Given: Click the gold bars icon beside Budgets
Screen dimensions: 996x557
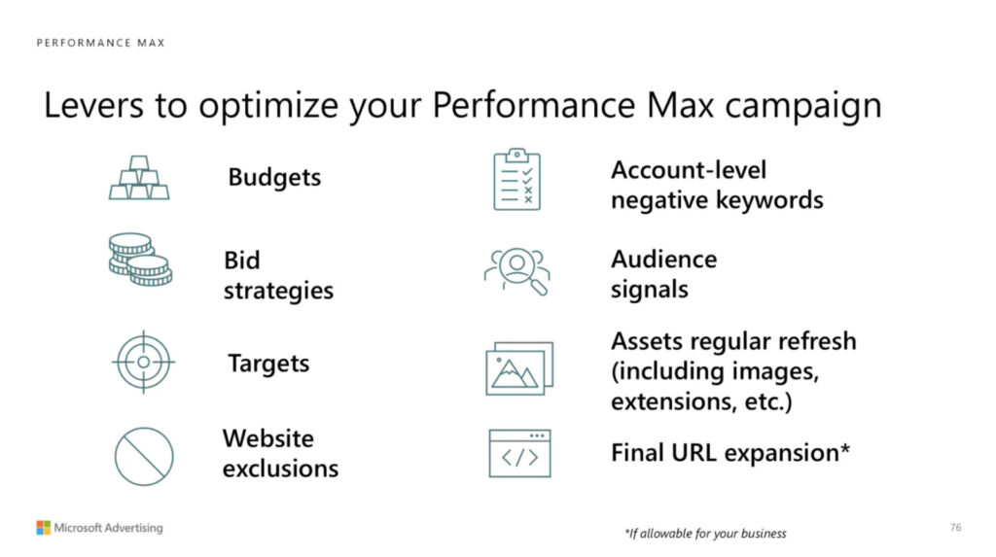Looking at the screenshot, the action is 139,178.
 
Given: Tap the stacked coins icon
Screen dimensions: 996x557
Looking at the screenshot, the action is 140,260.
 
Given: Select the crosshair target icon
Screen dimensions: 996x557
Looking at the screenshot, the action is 144,362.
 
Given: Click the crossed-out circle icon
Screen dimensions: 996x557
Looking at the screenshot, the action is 144,457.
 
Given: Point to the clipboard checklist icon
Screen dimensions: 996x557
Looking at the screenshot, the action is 517,180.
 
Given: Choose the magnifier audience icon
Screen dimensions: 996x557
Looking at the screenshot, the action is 516,271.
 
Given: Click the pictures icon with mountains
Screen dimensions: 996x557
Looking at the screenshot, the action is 519,368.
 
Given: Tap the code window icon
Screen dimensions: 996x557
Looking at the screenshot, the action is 519,454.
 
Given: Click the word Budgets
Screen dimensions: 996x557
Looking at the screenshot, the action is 274,177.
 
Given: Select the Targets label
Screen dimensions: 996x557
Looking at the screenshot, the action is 268,364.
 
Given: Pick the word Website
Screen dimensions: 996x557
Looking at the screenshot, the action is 268,438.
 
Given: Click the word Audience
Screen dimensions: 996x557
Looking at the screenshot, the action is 663,260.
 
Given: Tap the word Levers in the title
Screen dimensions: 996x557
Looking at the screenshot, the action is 94,105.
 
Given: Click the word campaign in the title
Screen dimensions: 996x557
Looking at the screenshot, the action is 802,105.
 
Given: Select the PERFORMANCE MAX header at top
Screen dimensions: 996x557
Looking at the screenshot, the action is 101,43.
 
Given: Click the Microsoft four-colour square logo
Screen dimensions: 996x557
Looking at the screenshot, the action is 43,528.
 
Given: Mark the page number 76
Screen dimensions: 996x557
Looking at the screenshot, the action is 956,527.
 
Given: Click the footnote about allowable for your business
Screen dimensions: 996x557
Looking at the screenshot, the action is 705,534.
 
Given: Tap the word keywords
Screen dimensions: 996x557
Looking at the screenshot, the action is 770,200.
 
